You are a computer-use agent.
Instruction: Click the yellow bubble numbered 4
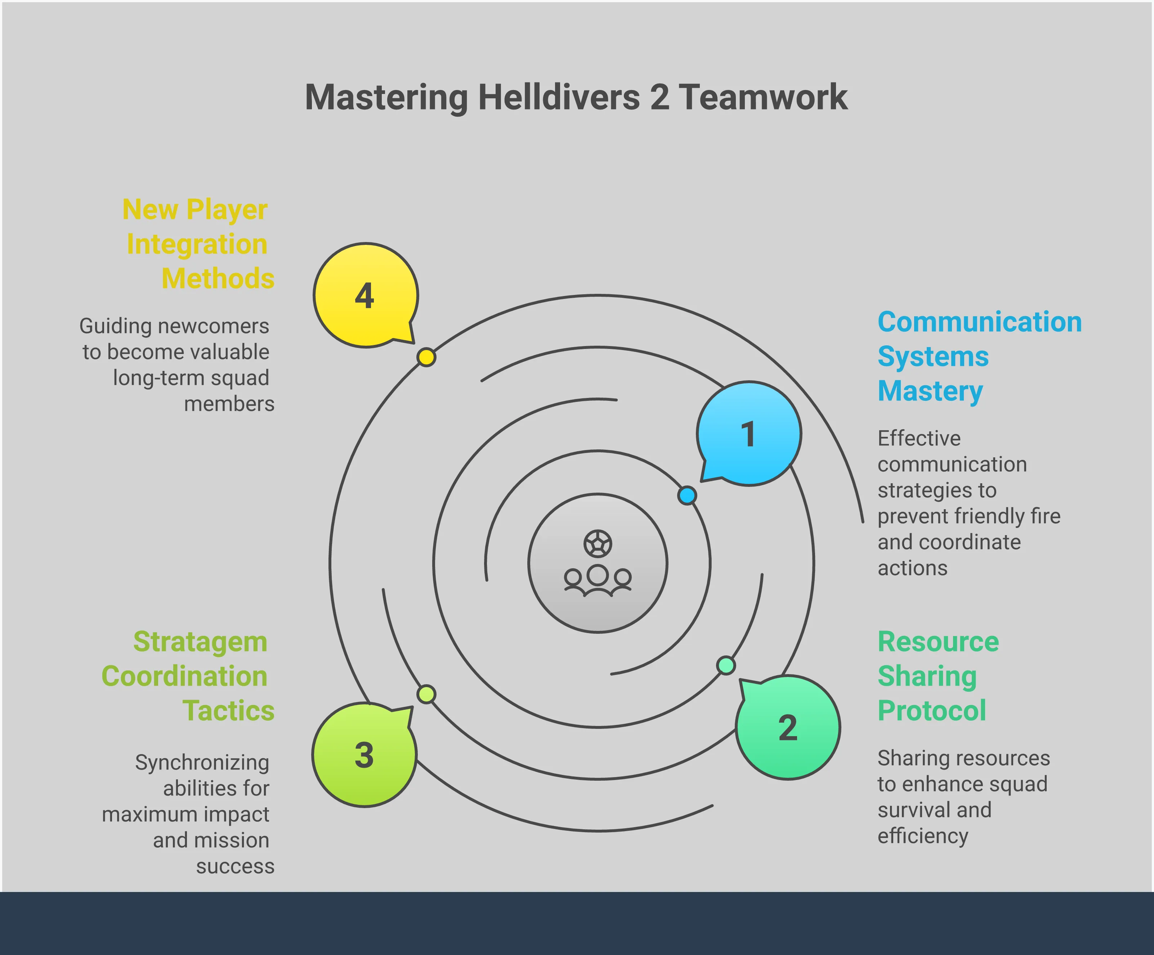[x=366, y=296]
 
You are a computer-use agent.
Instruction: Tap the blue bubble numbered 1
[x=748, y=434]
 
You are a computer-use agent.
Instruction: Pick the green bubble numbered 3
[x=364, y=755]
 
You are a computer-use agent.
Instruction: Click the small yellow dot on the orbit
[x=426, y=357]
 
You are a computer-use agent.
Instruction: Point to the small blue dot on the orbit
[x=687, y=495]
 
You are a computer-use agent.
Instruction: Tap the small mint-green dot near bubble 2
[x=726, y=665]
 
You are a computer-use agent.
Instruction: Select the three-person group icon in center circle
[x=598, y=580]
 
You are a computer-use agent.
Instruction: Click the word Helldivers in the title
[x=559, y=97]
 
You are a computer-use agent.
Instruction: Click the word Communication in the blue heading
[x=979, y=322]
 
